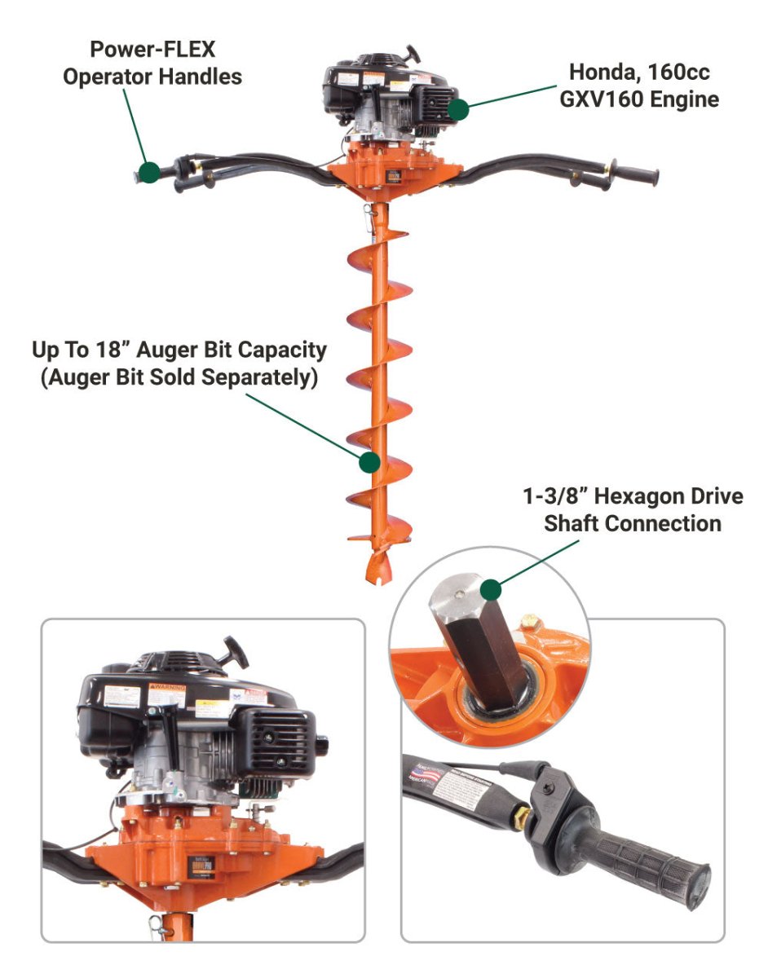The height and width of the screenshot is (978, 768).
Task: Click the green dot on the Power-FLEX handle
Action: click(148, 172)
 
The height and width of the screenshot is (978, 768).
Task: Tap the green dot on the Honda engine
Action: click(459, 108)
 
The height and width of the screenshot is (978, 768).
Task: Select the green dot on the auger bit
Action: click(369, 462)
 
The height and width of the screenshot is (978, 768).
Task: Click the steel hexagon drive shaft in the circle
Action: click(475, 643)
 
